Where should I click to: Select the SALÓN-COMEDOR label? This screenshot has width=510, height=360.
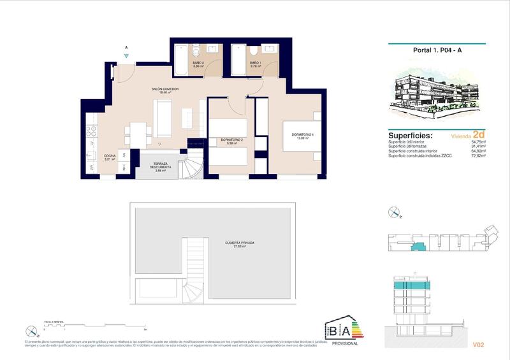(x=165, y=90)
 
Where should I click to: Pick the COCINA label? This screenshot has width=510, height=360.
(x=110, y=157)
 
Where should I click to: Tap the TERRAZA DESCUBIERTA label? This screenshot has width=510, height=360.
(x=159, y=167)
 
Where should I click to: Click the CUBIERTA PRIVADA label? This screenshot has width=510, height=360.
(x=240, y=244)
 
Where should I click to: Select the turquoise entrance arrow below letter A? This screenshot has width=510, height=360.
(x=127, y=57)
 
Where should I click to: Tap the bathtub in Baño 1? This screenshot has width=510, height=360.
(x=238, y=61)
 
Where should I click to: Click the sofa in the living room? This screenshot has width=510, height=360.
(x=163, y=118)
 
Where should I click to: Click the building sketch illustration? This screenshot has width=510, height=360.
(x=437, y=92)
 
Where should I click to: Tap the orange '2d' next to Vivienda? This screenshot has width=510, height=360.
(x=478, y=135)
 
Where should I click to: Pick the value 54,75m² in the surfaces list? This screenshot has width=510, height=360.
(x=477, y=143)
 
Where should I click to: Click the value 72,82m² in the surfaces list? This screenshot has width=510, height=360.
(x=477, y=155)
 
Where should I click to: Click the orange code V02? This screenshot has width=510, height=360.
(x=479, y=345)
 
